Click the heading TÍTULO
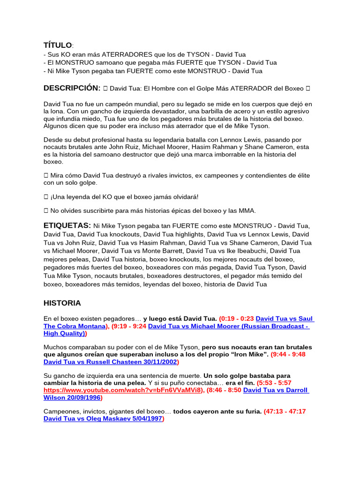tap(58, 45)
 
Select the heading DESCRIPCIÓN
tap(72, 88)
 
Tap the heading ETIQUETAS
tap(67, 225)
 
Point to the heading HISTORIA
tap(62, 303)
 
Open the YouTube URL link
tap(123, 390)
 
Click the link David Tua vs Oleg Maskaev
tap(103, 419)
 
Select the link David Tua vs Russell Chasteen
tap(110, 362)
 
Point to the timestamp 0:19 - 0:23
tap(237, 318)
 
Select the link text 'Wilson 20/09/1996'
tap(72, 397)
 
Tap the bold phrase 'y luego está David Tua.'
tap(180, 318)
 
